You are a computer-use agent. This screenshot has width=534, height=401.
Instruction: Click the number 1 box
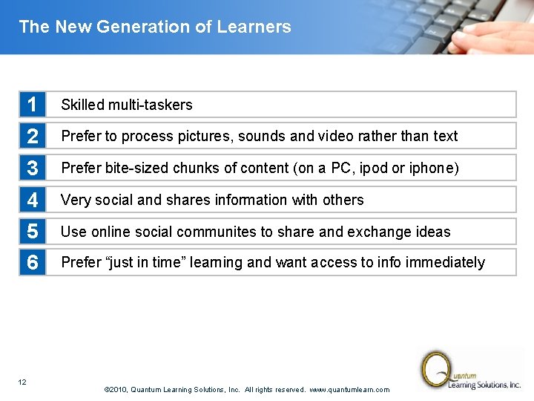[x=33, y=105]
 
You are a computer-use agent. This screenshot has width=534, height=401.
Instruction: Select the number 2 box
[x=33, y=137]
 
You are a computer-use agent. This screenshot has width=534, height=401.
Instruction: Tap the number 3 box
[x=33, y=169]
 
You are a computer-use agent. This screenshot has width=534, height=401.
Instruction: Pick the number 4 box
[x=33, y=200]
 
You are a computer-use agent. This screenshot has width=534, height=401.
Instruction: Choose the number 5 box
[x=33, y=232]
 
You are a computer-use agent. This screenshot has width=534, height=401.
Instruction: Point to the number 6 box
[x=33, y=263]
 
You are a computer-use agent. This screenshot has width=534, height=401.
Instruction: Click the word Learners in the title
[x=254, y=27]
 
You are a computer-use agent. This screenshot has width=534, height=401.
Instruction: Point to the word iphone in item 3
[x=435, y=169]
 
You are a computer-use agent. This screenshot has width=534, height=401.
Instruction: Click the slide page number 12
[x=22, y=382]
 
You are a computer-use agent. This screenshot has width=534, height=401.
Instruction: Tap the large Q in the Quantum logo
[x=435, y=368]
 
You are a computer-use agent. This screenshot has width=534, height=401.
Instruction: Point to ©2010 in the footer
[x=117, y=390]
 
